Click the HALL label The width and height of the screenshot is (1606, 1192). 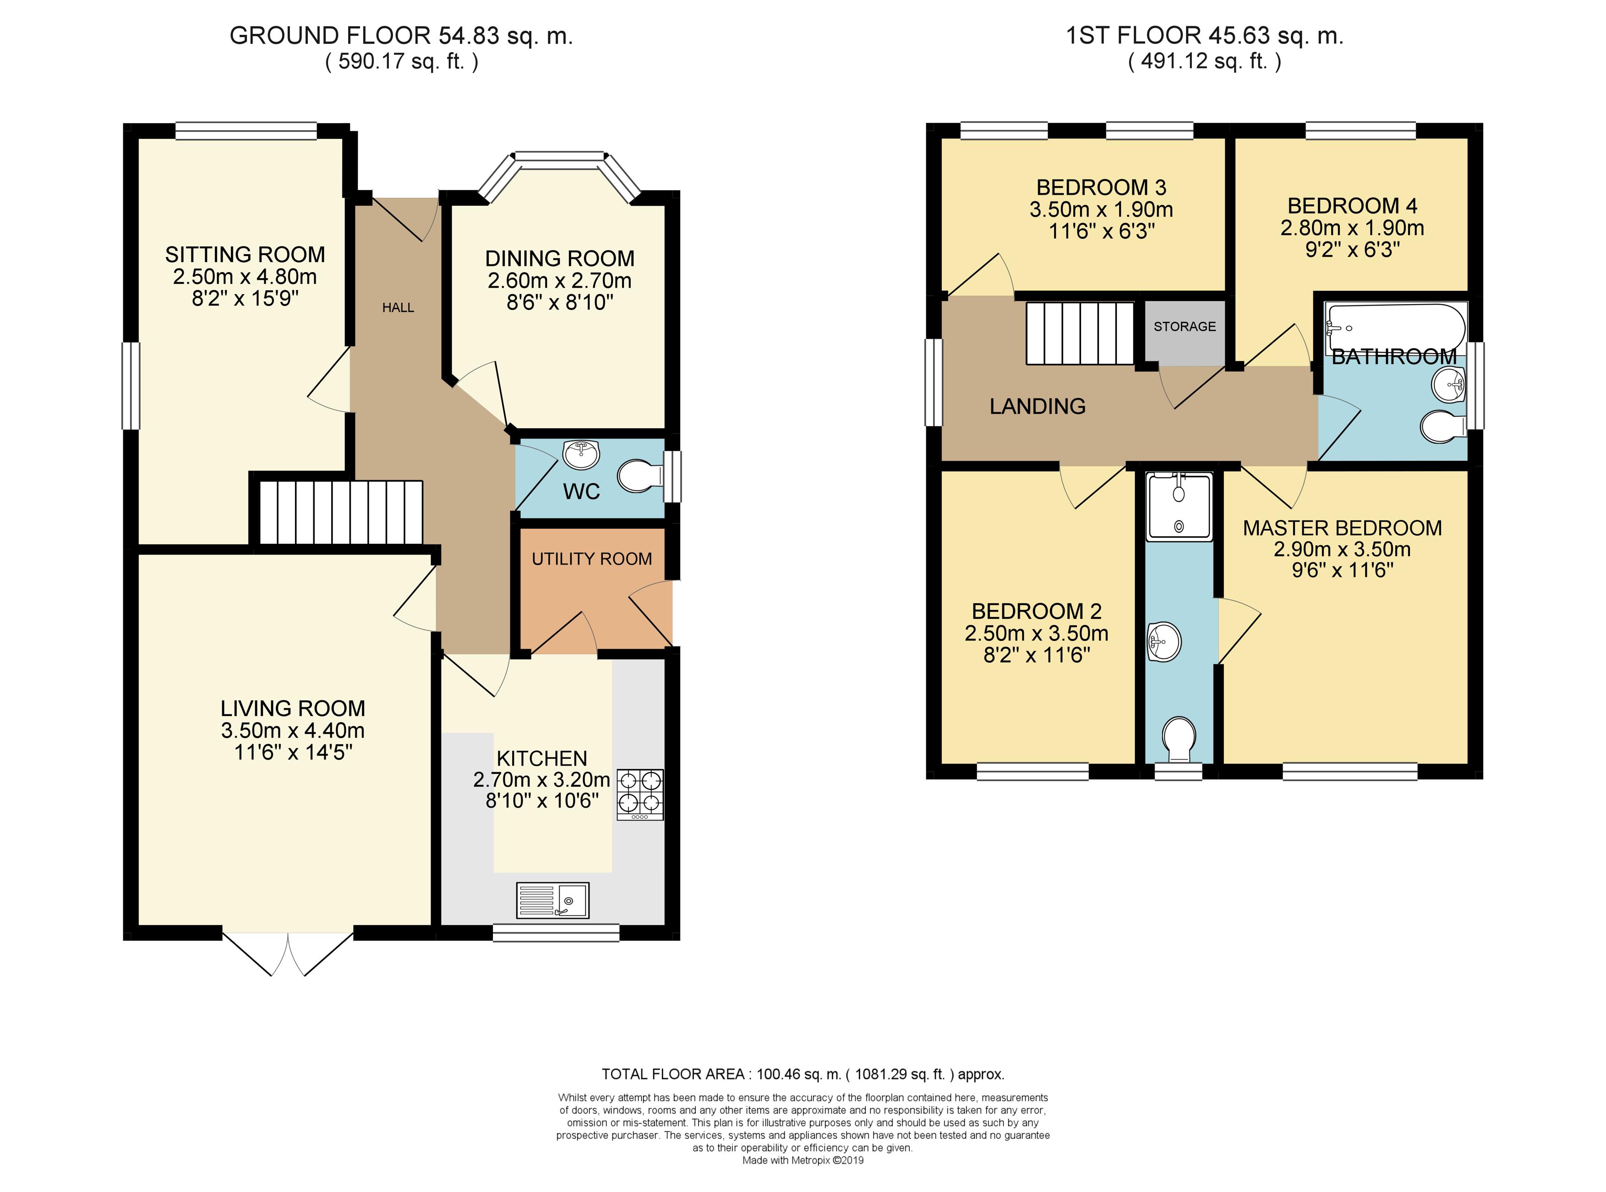click(x=398, y=307)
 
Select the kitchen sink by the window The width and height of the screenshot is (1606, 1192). click(x=552, y=900)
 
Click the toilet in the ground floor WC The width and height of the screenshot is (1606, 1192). click(x=641, y=476)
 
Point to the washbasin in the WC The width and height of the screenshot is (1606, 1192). click(x=581, y=454)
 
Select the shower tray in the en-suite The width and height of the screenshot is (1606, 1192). click(x=1179, y=507)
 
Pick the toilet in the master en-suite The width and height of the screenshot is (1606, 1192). click(x=1179, y=738)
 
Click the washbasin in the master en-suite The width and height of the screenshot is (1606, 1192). click(x=1163, y=641)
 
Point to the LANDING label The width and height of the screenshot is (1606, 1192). click(x=1038, y=406)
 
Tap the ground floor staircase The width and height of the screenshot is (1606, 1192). click(x=340, y=512)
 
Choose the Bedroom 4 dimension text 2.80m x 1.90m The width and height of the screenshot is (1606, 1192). click(x=1352, y=228)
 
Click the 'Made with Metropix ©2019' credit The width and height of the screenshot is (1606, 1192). click(x=803, y=1161)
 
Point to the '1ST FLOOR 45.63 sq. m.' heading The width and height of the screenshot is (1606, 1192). click(x=1205, y=35)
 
